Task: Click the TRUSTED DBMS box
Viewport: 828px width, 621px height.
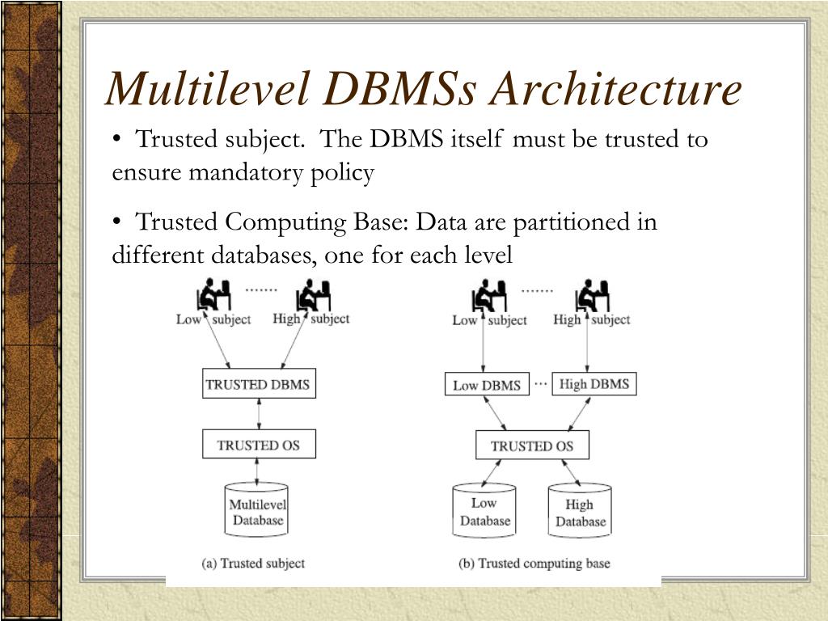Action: [x=259, y=383]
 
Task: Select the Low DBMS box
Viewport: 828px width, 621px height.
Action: [x=487, y=384]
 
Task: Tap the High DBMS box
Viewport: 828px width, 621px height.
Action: [x=594, y=383]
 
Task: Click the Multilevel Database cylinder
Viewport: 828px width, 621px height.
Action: [x=257, y=509]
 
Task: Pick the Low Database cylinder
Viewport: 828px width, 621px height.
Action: [x=484, y=510]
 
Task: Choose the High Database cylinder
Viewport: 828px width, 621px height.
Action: [x=580, y=510]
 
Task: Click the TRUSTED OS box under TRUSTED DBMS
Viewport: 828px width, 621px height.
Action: [x=259, y=444]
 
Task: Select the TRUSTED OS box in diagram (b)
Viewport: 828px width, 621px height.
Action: [x=532, y=446]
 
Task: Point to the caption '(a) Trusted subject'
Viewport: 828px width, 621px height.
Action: [x=253, y=564]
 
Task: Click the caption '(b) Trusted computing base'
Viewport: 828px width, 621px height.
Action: [x=534, y=564]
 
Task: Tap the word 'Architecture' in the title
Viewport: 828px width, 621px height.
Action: [x=615, y=89]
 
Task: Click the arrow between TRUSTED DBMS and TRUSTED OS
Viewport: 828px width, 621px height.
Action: [x=259, y=413]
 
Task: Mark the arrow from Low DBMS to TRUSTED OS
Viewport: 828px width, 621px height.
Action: [x=496, y=413]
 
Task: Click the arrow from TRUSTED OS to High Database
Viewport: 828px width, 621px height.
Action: [x=571, y=472]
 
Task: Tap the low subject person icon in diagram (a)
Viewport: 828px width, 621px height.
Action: [x=213, y=294]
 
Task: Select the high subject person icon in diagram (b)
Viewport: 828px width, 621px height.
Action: [x=593, y=296]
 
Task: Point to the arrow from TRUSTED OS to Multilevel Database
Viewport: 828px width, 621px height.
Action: [x=257, y=471]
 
